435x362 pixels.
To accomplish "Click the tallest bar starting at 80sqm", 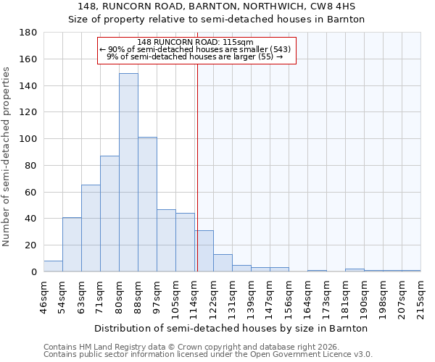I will coord(128,172).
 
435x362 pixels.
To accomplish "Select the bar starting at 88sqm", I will coord(147,204).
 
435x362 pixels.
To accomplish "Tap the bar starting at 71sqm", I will coord(109,214).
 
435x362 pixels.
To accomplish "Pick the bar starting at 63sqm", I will coord(91,228).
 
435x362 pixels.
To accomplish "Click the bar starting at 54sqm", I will coord(72,245).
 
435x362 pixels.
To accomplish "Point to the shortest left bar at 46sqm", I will coord(53,266).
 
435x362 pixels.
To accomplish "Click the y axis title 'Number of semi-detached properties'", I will coord(7,156).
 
